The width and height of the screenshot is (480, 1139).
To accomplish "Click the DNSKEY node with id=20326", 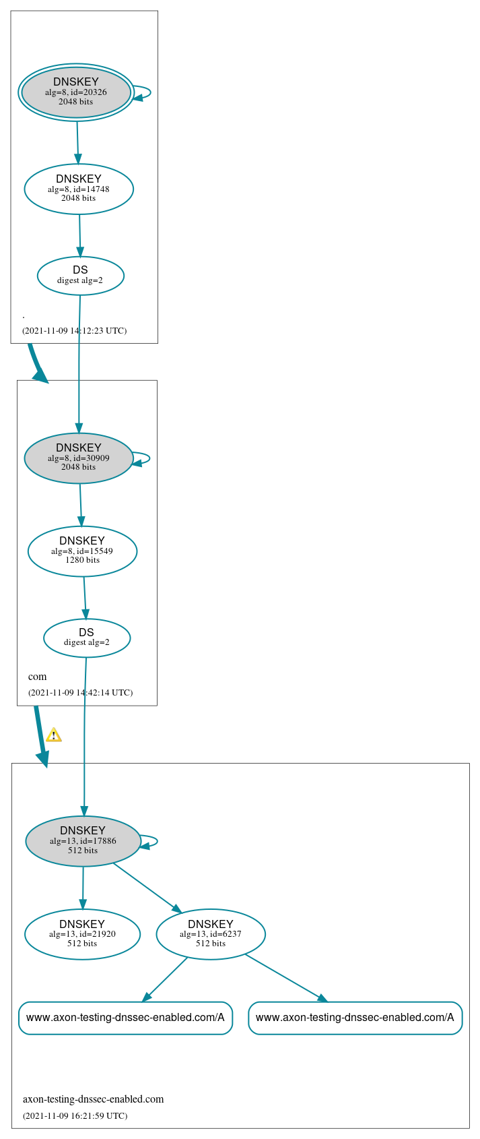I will point(76,92).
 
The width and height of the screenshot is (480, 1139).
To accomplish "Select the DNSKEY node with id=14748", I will point(79,189).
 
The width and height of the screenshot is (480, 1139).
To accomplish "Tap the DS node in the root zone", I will point(80,275).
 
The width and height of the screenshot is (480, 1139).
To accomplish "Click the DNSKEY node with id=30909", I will point(79,458).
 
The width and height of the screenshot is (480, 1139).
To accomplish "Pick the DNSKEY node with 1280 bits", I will point(82,551).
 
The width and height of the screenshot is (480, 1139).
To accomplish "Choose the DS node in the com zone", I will point(87,637).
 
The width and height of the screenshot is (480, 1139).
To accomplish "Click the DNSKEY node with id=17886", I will point(83,840).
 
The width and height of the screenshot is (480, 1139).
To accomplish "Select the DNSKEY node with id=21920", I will point(82,933).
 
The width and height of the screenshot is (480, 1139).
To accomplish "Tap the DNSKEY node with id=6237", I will point(211,933).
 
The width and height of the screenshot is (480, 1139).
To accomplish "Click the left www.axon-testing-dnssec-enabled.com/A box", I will point(125,1017).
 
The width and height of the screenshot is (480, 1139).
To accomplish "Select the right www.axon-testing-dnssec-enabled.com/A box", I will point(355,1017).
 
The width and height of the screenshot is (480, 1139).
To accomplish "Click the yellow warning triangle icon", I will point(54,735).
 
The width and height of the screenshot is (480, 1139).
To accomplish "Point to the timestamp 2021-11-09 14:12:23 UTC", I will point(74,330).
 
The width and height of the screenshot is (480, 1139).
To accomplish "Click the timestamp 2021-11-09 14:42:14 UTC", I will point(80,692).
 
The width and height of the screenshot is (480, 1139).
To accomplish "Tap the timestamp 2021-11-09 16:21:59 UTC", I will point(75,1115).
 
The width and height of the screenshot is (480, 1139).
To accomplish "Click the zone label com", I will point(38,677).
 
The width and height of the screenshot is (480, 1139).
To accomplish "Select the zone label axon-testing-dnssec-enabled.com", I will point(93,1099).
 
